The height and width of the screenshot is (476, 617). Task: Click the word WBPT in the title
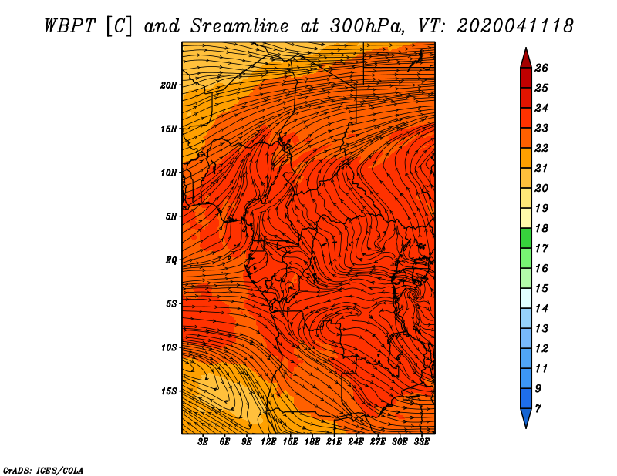click(x=69, y=26)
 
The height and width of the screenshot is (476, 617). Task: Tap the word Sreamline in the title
click(x=240, y=26)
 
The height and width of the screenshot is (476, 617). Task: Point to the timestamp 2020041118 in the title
click(x=515, y=26)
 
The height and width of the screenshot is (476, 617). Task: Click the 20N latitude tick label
click(x=169, y=85)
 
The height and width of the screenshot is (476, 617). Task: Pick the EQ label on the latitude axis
click(x=171, y=260)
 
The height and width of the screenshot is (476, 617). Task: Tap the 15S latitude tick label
click(x=169, y=391)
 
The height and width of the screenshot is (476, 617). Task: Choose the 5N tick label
click(x=171, y=216)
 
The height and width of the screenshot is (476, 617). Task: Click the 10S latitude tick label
click(x=169, y=347)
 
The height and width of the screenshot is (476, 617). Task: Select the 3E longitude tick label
click(x=203, y=442)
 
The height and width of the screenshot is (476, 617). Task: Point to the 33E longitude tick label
click(x=421, y=442)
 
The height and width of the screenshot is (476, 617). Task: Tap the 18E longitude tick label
click(x=312, y=442)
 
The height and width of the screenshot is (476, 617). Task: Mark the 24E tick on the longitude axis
click(x=356, y=442)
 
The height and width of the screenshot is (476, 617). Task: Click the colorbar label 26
click(x=541, y=68)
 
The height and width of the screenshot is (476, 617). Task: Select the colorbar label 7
click(x=538, y=409)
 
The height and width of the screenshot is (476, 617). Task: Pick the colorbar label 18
click(x=541, y=228)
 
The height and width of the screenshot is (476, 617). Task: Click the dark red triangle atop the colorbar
click(x=526, y=59)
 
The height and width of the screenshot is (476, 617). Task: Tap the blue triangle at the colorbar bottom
click(x=526, y=417)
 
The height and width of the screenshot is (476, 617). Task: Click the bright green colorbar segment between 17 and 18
click(x=526, y=238)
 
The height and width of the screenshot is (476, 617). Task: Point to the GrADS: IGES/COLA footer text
click(x=43, y=470)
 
